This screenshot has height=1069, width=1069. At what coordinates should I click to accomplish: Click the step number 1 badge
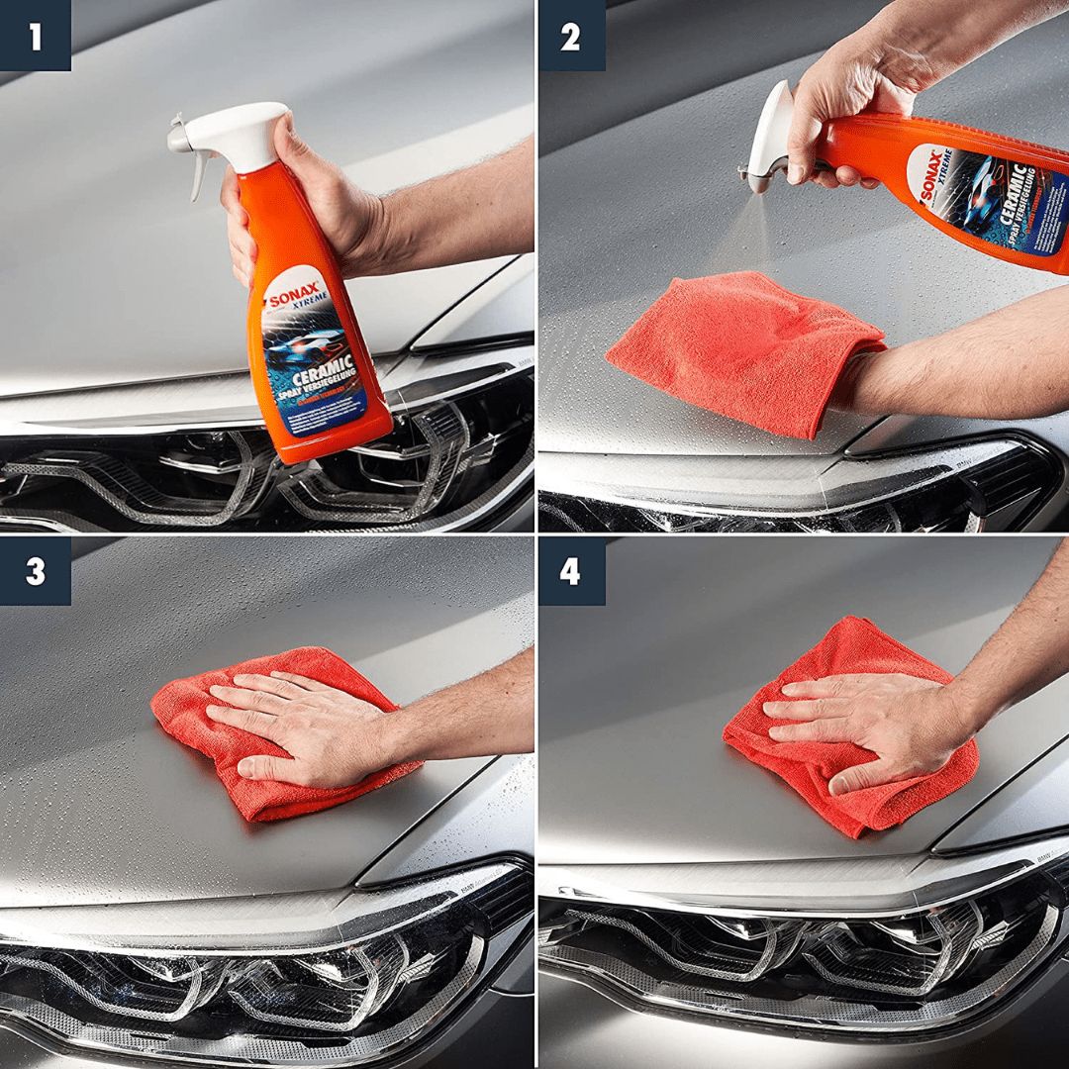point(35,36)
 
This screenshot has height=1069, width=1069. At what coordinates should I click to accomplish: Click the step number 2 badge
point(570,36)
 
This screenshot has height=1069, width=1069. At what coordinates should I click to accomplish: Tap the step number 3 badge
point(35,571)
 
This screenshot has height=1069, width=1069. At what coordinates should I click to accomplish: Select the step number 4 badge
point(570,571)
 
